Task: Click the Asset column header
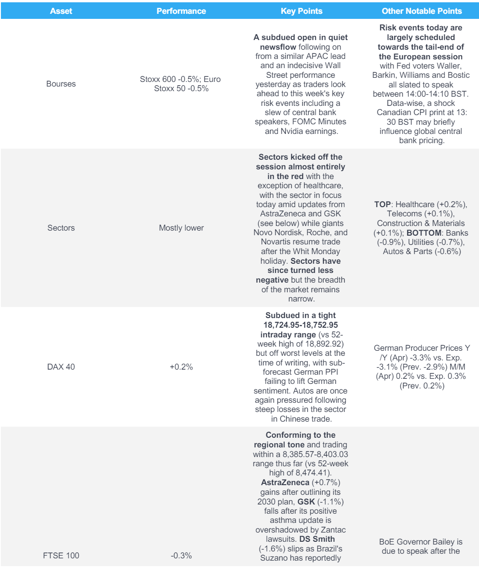point(61,11)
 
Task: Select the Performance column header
point(181,11)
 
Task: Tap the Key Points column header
point(301,11)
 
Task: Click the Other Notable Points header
point(421,11)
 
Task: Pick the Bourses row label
point(61,84)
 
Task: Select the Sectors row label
point(61,228)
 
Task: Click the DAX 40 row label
point(61,367)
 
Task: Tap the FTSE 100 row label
point(61,556)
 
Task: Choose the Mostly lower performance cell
point(181,228)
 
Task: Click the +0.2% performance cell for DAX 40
point(181,367)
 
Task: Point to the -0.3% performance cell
point(181,556)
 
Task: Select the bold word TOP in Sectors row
point(382,204)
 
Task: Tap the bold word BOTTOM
point(424,233)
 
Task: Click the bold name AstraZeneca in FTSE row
point(285,483)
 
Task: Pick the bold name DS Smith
point(317,539)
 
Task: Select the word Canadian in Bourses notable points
point(393,113)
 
